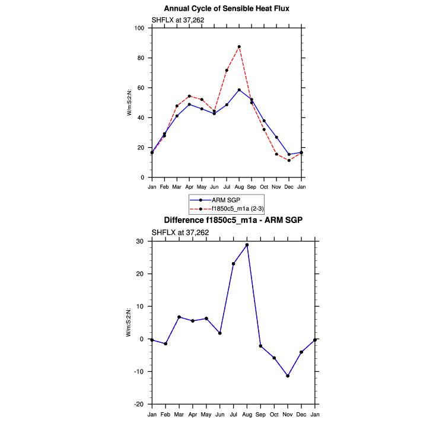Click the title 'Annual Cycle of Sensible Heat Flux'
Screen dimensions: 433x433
click(226, 8)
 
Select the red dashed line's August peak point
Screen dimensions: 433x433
click(239, 46)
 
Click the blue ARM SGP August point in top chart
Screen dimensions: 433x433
click(239, 90)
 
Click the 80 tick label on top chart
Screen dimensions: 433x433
click(142, 58)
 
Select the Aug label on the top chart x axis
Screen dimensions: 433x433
click(239, 187)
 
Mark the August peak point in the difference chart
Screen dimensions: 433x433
click(247, 245)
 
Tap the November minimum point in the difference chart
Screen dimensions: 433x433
click(288, 376)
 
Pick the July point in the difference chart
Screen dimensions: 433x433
click(233, 264)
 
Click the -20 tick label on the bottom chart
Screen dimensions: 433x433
click(140, 405)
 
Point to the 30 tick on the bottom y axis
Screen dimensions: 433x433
click(141, 241)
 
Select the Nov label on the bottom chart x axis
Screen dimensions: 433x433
click(288, 413)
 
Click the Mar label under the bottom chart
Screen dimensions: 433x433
click(179, 413)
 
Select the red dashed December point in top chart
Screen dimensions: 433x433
click(289, 160)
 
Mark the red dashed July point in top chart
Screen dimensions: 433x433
click(227, 70)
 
